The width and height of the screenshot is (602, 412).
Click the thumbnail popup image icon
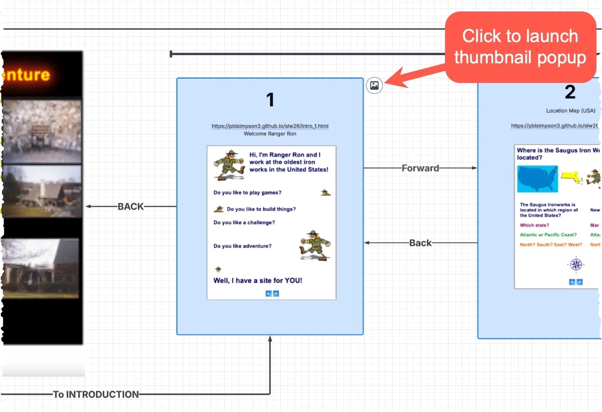[374, 86]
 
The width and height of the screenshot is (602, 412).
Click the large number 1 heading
[270, 100]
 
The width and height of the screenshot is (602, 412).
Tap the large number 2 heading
[570, 92]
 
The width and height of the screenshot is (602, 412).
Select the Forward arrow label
[420, 168]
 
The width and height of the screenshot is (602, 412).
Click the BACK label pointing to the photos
[131, 206]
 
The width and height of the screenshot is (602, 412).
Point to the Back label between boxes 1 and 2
[420, 243]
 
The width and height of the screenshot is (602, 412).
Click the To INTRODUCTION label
[96, 394]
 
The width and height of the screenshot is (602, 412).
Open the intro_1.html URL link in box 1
[270, 126]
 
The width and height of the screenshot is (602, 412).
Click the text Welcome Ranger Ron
[270, 134]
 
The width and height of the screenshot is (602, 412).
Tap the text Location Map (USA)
[570, 111]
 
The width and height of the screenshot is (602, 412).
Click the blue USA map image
[537, 179]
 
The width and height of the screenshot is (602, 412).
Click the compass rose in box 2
[576, 264]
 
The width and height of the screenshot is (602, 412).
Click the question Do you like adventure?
[242, 246]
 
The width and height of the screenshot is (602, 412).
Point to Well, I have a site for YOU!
[257, 280]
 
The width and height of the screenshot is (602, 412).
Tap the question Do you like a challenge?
[244, 223]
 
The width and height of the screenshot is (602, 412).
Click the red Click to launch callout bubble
[520, 47]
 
